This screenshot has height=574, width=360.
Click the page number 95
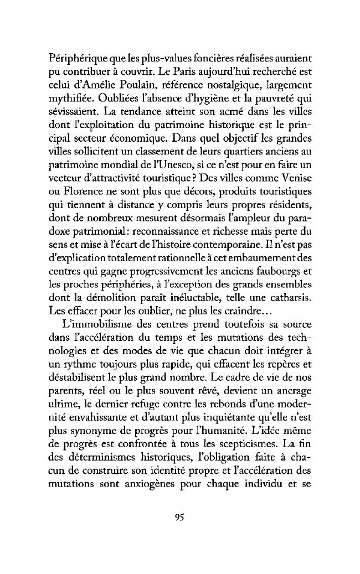[179, 518]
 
